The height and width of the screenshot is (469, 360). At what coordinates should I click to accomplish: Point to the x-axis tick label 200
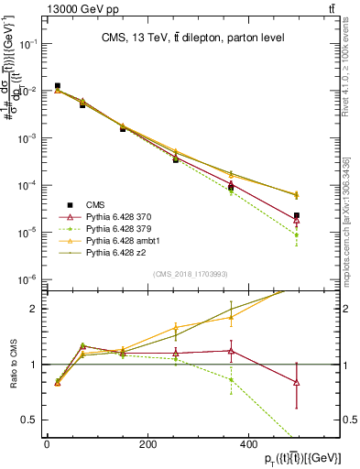pos(147,444)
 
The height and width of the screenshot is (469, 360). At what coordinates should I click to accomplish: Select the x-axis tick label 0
pos(47,444)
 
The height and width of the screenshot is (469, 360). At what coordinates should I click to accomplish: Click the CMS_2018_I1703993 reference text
pos(191,274)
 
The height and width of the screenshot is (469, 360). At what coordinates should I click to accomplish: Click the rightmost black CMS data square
pos(296,215)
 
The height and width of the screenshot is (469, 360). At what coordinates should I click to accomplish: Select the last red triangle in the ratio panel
pos(296,382)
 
